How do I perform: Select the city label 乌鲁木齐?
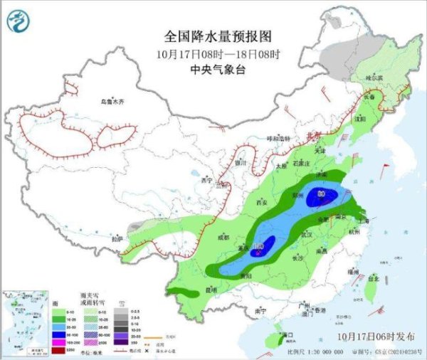[112, 102]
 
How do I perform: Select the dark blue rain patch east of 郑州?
[321, 197]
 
